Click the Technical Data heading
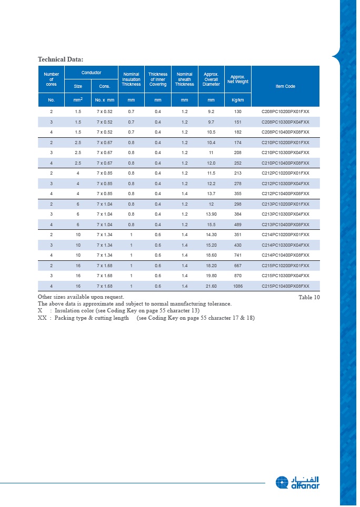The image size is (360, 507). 61,59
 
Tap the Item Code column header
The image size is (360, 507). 285,86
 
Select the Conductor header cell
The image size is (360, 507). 91,73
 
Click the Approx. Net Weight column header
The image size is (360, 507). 238,79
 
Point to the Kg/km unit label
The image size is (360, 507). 238,100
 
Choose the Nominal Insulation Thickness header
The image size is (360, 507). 131,79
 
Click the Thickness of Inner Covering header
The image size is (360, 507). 158,79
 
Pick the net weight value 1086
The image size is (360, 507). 238,286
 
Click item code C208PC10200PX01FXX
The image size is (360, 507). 285,112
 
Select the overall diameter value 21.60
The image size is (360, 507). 211,286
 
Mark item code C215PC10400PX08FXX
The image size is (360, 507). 285,286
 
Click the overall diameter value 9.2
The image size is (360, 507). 211,112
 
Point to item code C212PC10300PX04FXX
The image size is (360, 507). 285,183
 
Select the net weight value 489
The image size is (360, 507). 238,225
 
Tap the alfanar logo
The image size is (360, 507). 297,482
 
